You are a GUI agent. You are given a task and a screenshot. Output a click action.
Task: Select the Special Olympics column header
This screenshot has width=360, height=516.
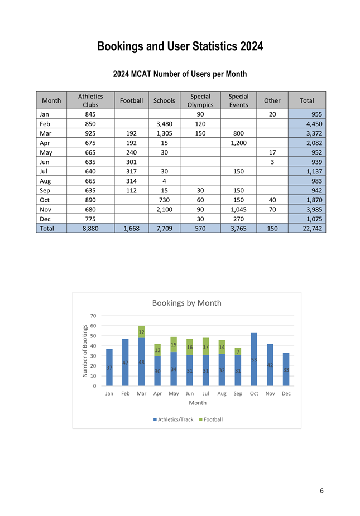200,100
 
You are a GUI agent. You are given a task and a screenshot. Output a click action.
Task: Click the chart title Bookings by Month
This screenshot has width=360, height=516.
186,303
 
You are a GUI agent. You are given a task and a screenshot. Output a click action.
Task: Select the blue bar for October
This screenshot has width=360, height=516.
254,359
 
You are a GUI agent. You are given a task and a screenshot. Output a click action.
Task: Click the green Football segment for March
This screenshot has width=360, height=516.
142,331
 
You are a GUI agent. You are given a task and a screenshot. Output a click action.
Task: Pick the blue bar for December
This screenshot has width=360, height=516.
286,369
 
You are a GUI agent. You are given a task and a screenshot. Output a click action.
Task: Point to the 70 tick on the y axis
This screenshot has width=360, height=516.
93,316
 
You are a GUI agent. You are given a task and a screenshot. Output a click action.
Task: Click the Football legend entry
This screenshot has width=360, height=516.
210,419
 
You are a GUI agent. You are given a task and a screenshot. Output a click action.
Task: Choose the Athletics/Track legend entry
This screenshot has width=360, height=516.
172,419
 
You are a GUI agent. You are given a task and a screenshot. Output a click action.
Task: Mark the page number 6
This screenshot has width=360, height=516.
321,491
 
